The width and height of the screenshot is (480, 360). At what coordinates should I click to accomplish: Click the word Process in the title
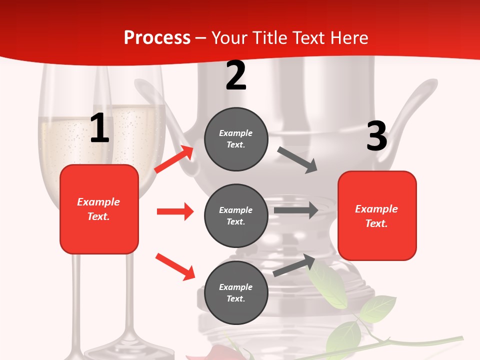click(x=157, y=38)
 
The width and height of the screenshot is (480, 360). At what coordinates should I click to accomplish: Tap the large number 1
click(x=99, y=128)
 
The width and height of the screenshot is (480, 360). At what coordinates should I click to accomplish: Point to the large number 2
click(x=236, y=75)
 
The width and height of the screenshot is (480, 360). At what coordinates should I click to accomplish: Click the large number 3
click(x=376, y=136)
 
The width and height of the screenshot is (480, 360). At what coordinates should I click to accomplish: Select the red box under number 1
click(x=99, y=209)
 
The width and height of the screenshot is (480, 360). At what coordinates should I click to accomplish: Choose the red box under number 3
click(x=377, y=215)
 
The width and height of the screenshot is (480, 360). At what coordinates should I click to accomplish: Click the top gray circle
click(x=236, y=139)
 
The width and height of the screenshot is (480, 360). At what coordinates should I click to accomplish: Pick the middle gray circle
click(x=236, y=215)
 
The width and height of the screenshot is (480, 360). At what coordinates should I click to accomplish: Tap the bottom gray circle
click(x=236, y=292)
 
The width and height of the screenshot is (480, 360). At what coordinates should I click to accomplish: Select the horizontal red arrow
click(x=175, y=211)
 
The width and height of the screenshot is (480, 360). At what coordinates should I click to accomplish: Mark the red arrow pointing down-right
click(x=175, y=266)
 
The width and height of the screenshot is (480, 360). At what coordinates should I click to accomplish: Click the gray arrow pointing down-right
click(x=297, y=160)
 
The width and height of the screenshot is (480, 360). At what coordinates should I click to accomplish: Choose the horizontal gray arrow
click(x=296, y=210)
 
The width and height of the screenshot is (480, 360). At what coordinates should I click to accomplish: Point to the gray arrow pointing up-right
click(x=294, y=265)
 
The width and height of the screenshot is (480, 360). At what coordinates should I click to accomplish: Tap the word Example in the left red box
click(x=98, y=202)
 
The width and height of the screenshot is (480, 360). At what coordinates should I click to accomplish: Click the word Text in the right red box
click(x=376, y=223)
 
